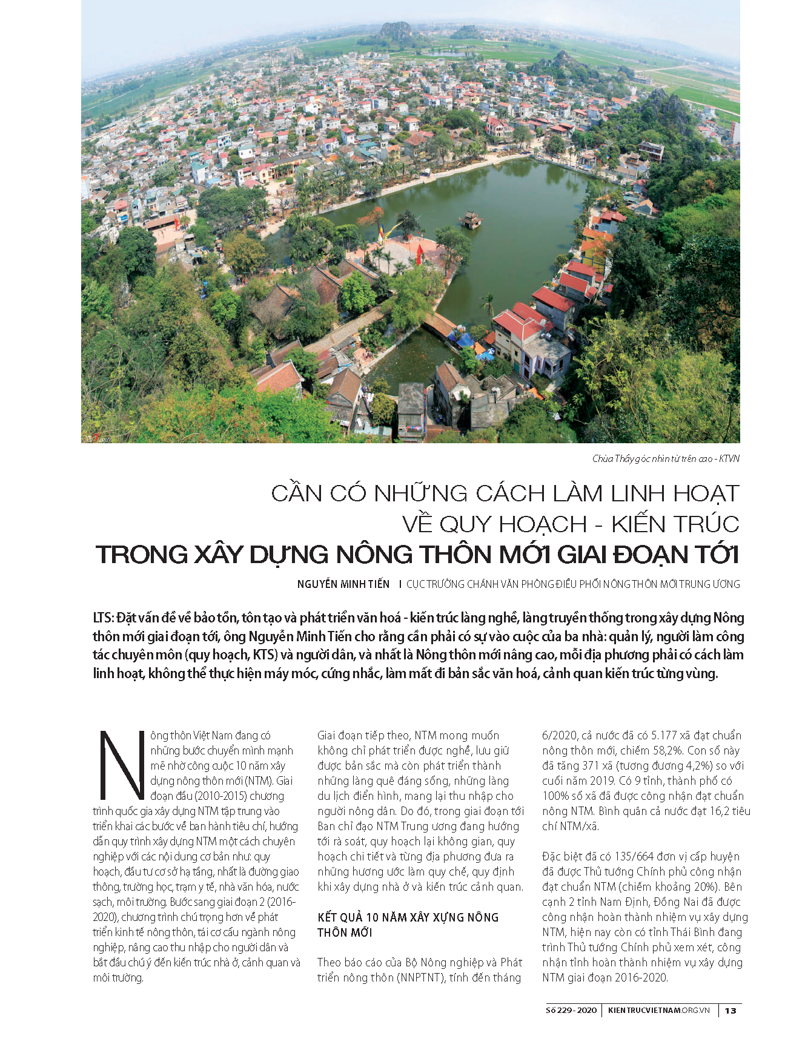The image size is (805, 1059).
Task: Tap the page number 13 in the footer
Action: (x=730, y=1011)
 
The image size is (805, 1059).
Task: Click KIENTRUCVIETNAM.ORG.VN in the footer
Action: (x=659, y=1011)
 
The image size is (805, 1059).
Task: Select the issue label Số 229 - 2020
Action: (x=571, y=1011)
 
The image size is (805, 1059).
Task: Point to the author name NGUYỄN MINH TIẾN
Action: (x=343, y=584)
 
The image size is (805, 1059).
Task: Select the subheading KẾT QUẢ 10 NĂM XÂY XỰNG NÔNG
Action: (x=408, y=917)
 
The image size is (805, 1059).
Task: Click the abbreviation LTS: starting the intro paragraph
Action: (x=104, y=618)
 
